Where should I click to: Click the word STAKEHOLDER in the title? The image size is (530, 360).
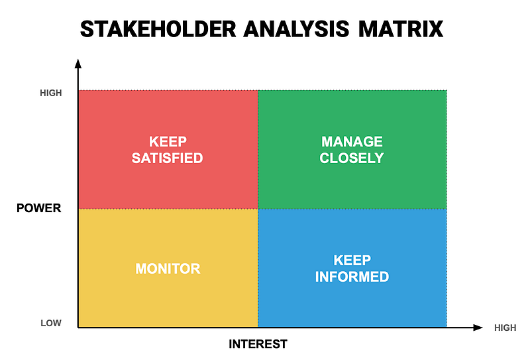pyautogui.click(x=158, y=29)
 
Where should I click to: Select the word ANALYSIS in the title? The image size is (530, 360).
pyautogui.click(x=296, y=29)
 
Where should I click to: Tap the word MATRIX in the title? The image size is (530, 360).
pyautogui.click(x=401, y=29)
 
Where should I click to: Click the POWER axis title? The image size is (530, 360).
pyautogui.click(x=39, y=208)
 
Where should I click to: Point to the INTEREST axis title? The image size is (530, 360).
pyautogui.click(x=258, y=344)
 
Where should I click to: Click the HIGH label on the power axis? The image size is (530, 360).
pyautogui.click(x=51, y=93)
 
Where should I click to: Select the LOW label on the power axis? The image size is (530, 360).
pyautogui.click(x=51, y=323)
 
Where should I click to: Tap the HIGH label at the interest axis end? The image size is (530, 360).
pyautogui.click(x=505, y=328)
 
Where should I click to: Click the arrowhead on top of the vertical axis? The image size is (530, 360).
pyautogui.click(x=78, y=64)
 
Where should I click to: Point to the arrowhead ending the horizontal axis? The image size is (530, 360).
pyautogui.click(x=478, y=328)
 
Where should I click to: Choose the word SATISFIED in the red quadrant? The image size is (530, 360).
pyautogui.click(x=168, y=158)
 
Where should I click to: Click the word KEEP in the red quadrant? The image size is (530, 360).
pyautogui.click(x=168, y=141)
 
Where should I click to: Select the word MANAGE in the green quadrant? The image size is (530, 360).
pyautogui.click(x=352, y=141)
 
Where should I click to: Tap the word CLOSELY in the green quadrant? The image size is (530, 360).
pyautogui.click(x=352, y=158)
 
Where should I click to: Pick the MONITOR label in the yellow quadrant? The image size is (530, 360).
pyautogui.click(x=168, y=269)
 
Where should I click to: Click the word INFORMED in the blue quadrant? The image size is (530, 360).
pyautogui.click(x=352, y=276)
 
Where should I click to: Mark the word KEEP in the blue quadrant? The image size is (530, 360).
pyautogui.click(x=352, y=260)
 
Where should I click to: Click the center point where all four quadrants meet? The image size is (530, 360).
pyautogui.click(x=258, y=209)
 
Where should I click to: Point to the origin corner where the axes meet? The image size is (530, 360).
pyautogui.click(x=78, y=328)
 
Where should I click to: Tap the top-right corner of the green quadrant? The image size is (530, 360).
pyautogui.click(x=447, y=90)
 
